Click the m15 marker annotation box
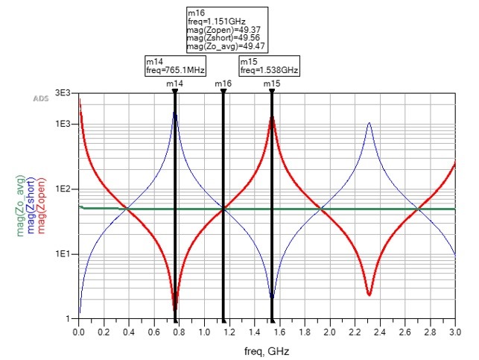tap(270, 66)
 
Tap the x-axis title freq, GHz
tap(266, 350)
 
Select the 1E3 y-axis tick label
tap(63, 124)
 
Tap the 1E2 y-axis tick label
tap(63, 189)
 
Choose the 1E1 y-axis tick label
tap(63, 254)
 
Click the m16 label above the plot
tap(223, 84)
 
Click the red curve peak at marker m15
tap(272, 118)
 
